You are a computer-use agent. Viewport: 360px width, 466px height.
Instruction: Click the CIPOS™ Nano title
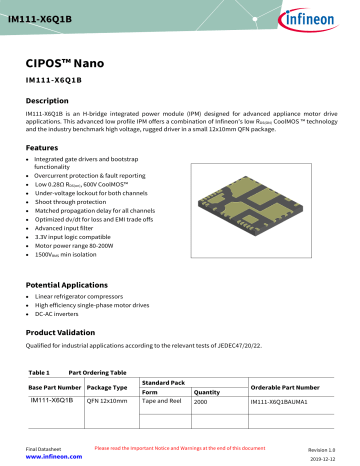[69, 61]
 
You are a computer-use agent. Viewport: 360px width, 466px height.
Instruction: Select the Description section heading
[52, 102]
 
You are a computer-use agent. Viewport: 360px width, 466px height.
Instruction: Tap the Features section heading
[45, 147]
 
